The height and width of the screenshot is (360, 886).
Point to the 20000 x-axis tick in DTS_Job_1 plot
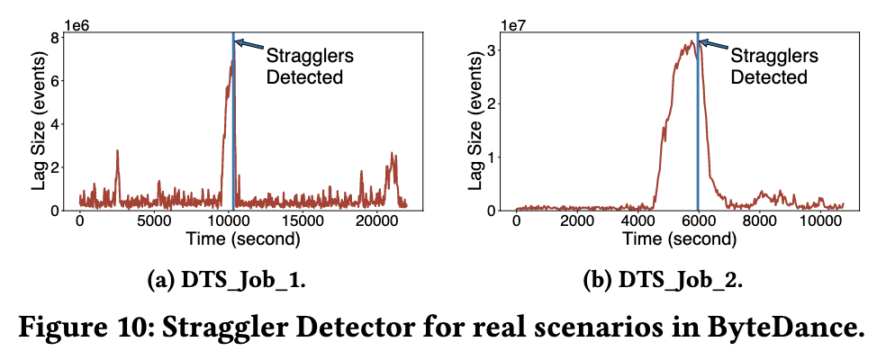378,222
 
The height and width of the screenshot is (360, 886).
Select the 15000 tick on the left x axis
303,222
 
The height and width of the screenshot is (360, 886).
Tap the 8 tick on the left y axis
56,38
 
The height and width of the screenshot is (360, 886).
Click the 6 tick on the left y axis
56,81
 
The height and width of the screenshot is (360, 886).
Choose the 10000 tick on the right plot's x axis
820,222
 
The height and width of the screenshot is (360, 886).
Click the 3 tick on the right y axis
492,49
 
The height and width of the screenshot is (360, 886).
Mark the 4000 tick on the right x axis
637,222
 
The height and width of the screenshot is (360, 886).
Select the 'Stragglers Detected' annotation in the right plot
768,66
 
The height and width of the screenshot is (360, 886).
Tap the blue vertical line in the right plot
698,135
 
